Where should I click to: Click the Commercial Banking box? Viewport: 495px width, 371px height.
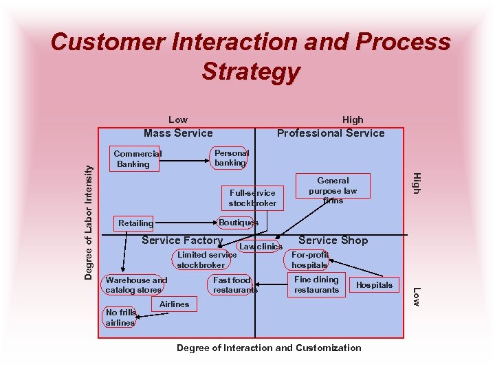point(136,159)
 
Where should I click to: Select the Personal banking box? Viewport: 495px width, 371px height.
point(231,158)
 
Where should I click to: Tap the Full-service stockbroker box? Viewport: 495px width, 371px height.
point(252,199)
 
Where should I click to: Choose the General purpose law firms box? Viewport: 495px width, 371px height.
point(333,190)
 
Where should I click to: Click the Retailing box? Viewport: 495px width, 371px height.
point(136,223)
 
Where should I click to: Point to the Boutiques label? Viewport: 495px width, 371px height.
point(238,223)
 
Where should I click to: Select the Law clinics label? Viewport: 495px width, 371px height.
point(261,247)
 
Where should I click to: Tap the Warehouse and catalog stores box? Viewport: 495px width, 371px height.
point(136,285)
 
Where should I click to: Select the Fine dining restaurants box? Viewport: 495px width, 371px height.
point(316,284)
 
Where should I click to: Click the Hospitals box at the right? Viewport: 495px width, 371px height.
point(375,284)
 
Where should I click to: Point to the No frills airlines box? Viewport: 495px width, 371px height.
point(120,317)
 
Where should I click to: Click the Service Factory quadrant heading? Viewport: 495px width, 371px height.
point(181,240)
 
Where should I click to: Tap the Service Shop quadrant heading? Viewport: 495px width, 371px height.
point(333,240)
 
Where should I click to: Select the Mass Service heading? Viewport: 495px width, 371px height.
point(178,133)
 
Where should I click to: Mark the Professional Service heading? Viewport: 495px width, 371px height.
point(331,133)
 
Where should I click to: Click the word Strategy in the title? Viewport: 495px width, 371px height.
point(251,71)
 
